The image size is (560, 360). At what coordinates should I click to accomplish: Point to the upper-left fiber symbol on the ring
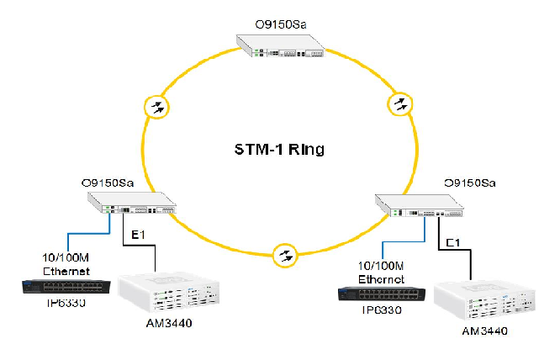tap(156, 107)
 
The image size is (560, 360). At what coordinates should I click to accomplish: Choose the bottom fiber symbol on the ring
tap(286, 253)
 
